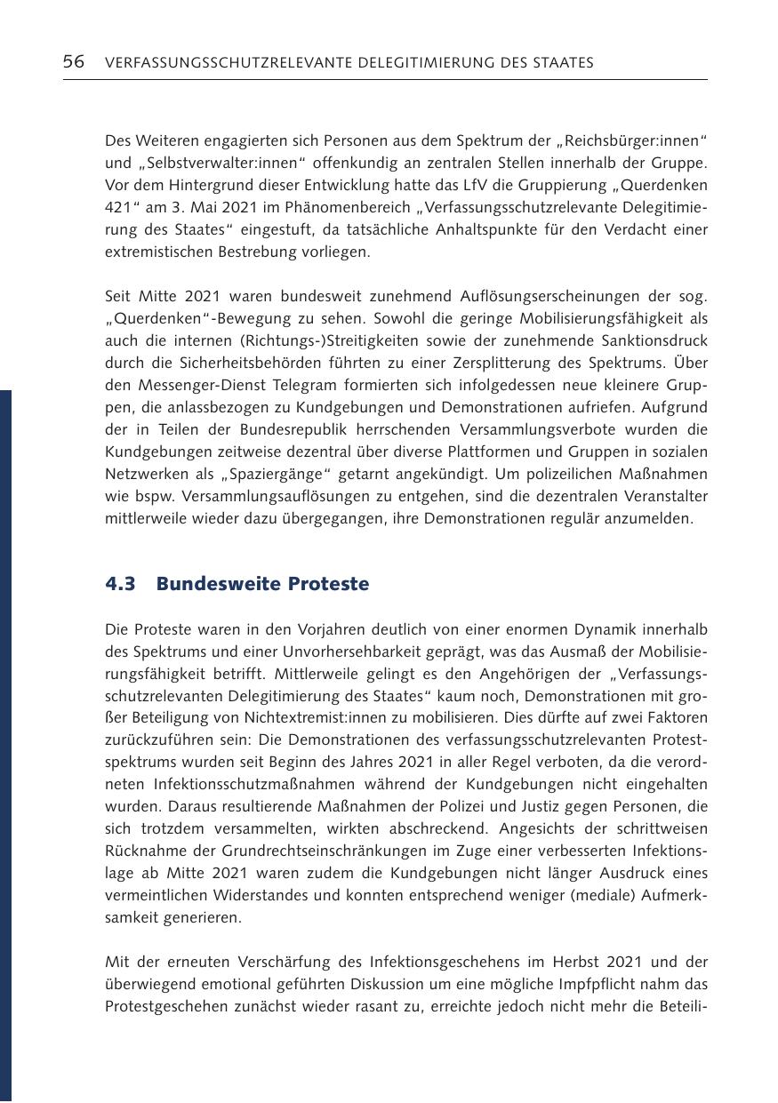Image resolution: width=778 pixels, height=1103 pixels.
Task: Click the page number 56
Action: tap(74, 62)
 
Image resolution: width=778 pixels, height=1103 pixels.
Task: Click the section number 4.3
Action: tap(120, 584)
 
